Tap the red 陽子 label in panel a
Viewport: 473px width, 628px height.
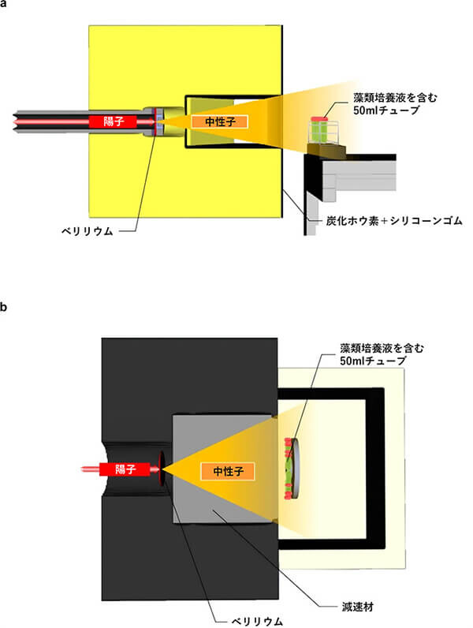(110, 121)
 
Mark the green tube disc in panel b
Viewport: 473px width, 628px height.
(291, 469)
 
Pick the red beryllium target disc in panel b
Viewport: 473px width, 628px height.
(162, 469)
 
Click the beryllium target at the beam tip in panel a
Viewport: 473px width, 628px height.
(158, 121)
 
